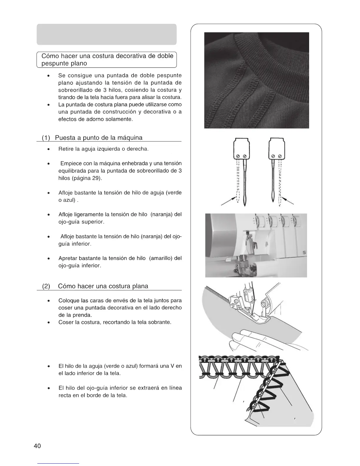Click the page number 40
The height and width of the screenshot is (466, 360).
(x=37, y=446)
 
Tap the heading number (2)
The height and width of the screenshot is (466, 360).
(x=46, y=286)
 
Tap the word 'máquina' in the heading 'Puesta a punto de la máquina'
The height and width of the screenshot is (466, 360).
(x=130, y=138)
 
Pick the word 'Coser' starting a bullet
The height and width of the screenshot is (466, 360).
(x=66, y=322)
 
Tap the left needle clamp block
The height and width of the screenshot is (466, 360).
(x=241, y=148)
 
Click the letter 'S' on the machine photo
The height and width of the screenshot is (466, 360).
(x=304, y=253)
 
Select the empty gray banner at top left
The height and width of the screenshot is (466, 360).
(x=106, y=34)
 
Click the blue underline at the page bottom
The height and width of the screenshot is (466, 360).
(x=58, y=463)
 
